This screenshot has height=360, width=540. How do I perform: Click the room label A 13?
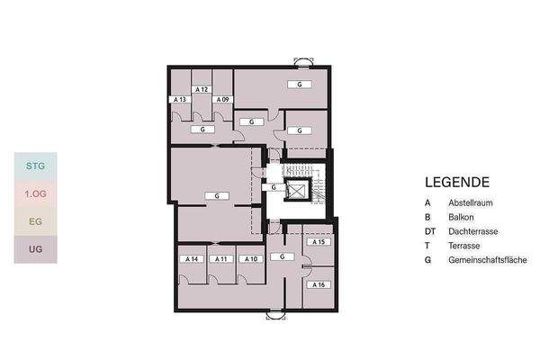tap(180, 99)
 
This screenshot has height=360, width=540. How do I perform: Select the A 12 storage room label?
tap(202, 89)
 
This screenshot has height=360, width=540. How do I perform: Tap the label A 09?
tap(223, 99)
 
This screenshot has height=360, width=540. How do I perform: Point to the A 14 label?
tap(192, 258)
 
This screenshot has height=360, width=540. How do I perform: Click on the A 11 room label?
tap(221, 258)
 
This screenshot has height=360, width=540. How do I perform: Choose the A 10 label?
tap(251, 258)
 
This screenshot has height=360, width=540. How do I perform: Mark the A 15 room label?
tap(319, 242)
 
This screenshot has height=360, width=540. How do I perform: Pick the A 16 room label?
tap(319, 284)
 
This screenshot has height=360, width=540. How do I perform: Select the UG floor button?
tap(36, 249)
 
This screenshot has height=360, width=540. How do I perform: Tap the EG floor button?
tap(36, 221)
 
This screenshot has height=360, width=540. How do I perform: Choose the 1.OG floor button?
tap(36, 193)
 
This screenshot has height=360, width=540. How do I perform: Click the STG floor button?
tap(36, 166)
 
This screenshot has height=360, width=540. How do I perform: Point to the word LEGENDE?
tap(457, 182)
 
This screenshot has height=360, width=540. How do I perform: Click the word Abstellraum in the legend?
tap(471, 202)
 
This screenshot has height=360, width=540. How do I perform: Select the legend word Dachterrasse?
tap(473, 231)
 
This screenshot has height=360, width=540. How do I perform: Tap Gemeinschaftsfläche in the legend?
tap(488, 260)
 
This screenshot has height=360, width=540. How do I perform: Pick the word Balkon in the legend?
tap(461, 218)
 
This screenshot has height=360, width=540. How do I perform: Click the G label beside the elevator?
tap(274, 187)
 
